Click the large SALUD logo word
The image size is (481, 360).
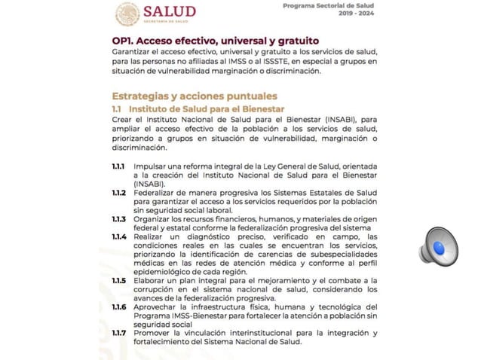pos(169,11)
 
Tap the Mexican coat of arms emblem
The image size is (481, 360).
pos(127,13)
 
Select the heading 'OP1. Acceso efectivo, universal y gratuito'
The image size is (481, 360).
pos(215,40)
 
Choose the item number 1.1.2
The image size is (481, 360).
pos(119,193)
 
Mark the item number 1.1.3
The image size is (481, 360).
pos(119,219)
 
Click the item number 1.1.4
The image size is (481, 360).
pos(119,236)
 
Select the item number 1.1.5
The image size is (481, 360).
pos(119,280)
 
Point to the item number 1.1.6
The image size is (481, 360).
pos(119,307)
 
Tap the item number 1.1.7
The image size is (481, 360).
pos(119,333)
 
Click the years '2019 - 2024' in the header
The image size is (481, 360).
pos(357,14)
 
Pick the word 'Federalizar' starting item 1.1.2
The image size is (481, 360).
pos(156,193)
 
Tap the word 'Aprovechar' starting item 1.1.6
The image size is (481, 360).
pos(157,307)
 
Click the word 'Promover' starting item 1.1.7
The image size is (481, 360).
pos(153,333)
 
